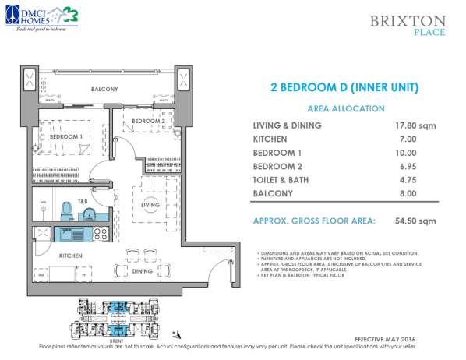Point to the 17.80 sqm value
tap(414, 125)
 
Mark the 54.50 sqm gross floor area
tap(414, 221)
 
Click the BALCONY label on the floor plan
tap(104, 90)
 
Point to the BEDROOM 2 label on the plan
tap(147, 122)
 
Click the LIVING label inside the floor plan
tap(150, 205)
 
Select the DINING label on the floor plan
tap(142, 270)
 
